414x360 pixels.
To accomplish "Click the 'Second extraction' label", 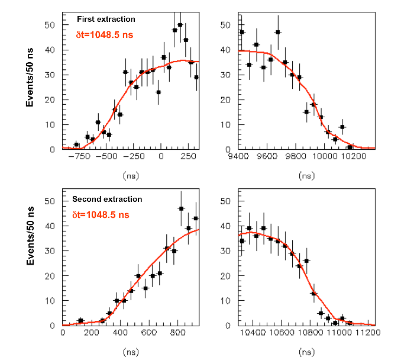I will pyautogui.click(x=107, y=200).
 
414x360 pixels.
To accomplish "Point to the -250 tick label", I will pyautogui.click(x=136, y=157).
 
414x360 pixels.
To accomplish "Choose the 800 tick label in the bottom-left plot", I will pyautogui.click(x=178, y=334).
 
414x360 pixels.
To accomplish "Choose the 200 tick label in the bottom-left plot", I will pyautogui.click(x=92, y=334).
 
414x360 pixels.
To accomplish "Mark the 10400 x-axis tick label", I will pyautogui.click(x=254, y=334).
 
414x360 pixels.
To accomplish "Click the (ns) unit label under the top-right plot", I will pyautogui.click(x=308, y=176).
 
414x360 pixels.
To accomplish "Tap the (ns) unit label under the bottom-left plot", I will pyautogui.click(x=130, y=352).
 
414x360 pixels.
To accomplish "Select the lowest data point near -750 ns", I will pyautogui.click(x=76, y=144).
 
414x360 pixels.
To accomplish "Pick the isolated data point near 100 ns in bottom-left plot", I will pyautogui.click(x=80, y=320).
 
